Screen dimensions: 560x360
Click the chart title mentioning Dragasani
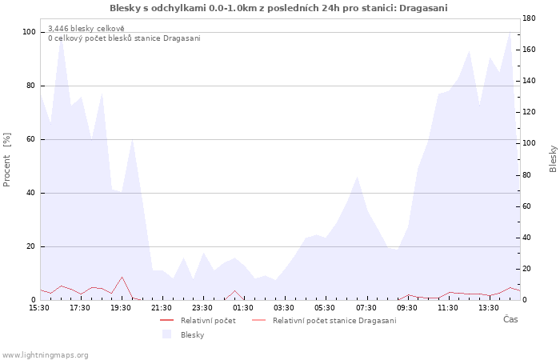click(278, 8)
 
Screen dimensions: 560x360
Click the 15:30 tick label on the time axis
click(39, 308)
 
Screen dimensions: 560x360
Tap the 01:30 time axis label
click(243, 308)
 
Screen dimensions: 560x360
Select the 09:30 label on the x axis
click(406, 308)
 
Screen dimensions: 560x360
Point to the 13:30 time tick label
click(489, 308)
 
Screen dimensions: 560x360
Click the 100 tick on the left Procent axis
click(30, 32)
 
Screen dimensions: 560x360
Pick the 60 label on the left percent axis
click(31, 139)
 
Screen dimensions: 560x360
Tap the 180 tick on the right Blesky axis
click(529, 18)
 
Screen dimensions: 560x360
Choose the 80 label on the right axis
click(527, 175)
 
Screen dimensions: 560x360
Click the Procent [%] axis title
click(6, 160)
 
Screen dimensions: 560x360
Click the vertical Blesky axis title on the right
click(553, 158)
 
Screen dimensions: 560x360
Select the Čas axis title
click(510, 319)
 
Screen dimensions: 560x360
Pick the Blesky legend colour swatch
click(166, 334)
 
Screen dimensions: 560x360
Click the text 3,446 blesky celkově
click(86, 29)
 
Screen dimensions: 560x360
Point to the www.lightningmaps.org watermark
click(45, 355)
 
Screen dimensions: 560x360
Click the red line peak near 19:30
click(122, 277)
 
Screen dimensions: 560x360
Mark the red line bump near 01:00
click(234, 290)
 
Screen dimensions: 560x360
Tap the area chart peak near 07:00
click(357, 176)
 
